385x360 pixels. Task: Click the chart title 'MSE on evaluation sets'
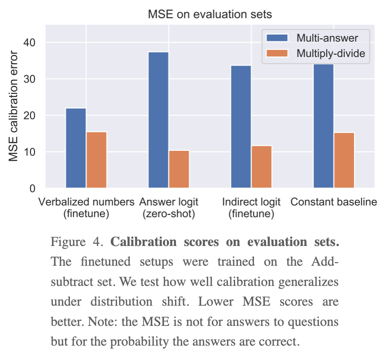[210, 14]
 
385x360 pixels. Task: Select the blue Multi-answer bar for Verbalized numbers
[76, 148]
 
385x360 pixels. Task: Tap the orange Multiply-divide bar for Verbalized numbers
[96, 160]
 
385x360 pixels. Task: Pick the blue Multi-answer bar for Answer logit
[158, 120]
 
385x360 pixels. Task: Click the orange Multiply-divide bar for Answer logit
[179, 169]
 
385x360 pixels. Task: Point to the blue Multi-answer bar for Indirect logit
[241, 127]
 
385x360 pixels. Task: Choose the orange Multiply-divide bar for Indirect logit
[262, 167]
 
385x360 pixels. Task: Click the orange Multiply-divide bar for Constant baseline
[344, 160]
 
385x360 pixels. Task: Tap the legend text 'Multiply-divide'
[331, 54]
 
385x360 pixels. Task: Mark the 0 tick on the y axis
[34, 189]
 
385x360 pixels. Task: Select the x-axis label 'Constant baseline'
[334, 202]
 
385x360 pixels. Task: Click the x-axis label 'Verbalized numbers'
[87, 202]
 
